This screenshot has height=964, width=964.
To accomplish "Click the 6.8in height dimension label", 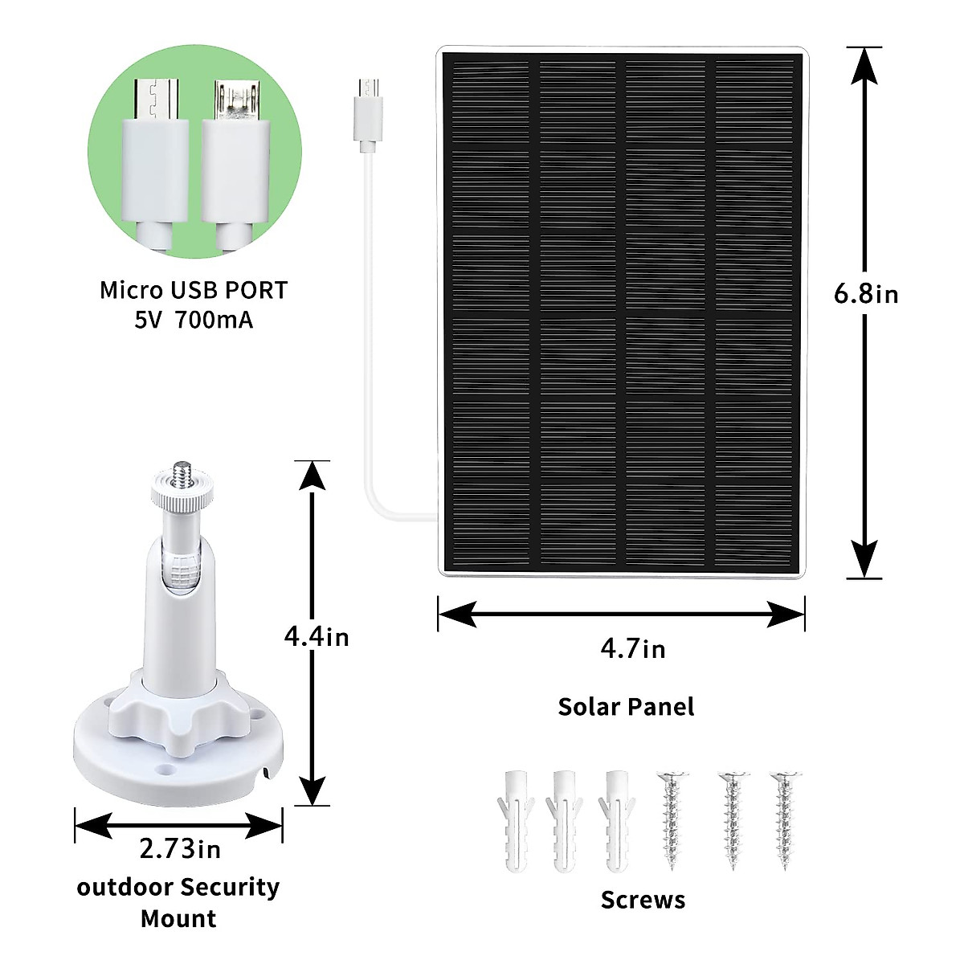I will [x=866, y=294].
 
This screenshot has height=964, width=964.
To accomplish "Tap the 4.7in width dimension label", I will [x=633, y=648].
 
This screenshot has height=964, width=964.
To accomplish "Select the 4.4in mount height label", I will [x=317, y=637].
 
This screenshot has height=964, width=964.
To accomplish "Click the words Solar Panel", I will [x=626, y=707].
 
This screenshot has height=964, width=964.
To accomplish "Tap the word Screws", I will [x=643, y=900].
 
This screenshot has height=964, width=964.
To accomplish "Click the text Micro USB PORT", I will [x=193, y=290].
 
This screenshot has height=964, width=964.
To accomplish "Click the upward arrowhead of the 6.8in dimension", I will [x=865, y=64].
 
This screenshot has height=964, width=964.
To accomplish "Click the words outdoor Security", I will [x=178, y=888].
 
